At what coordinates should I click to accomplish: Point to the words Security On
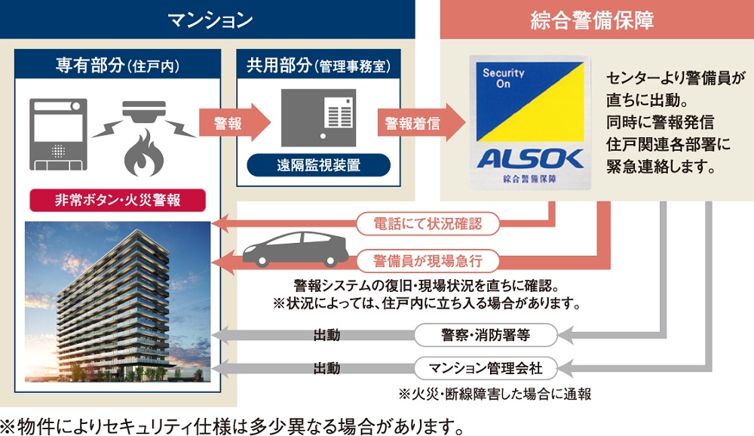504,79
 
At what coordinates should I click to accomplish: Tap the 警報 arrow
232,123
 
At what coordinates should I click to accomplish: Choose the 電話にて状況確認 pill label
427,223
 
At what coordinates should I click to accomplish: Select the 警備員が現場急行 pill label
427,261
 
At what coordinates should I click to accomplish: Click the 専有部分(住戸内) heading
116,66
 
